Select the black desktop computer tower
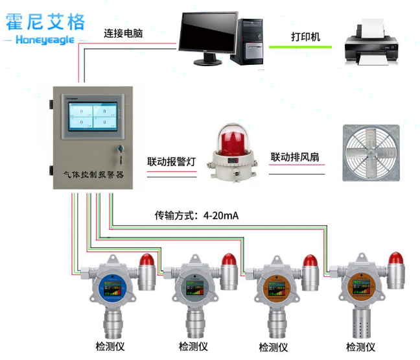coord(250,41)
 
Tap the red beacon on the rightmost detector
coord(395,259)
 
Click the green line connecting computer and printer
coord(300,47)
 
